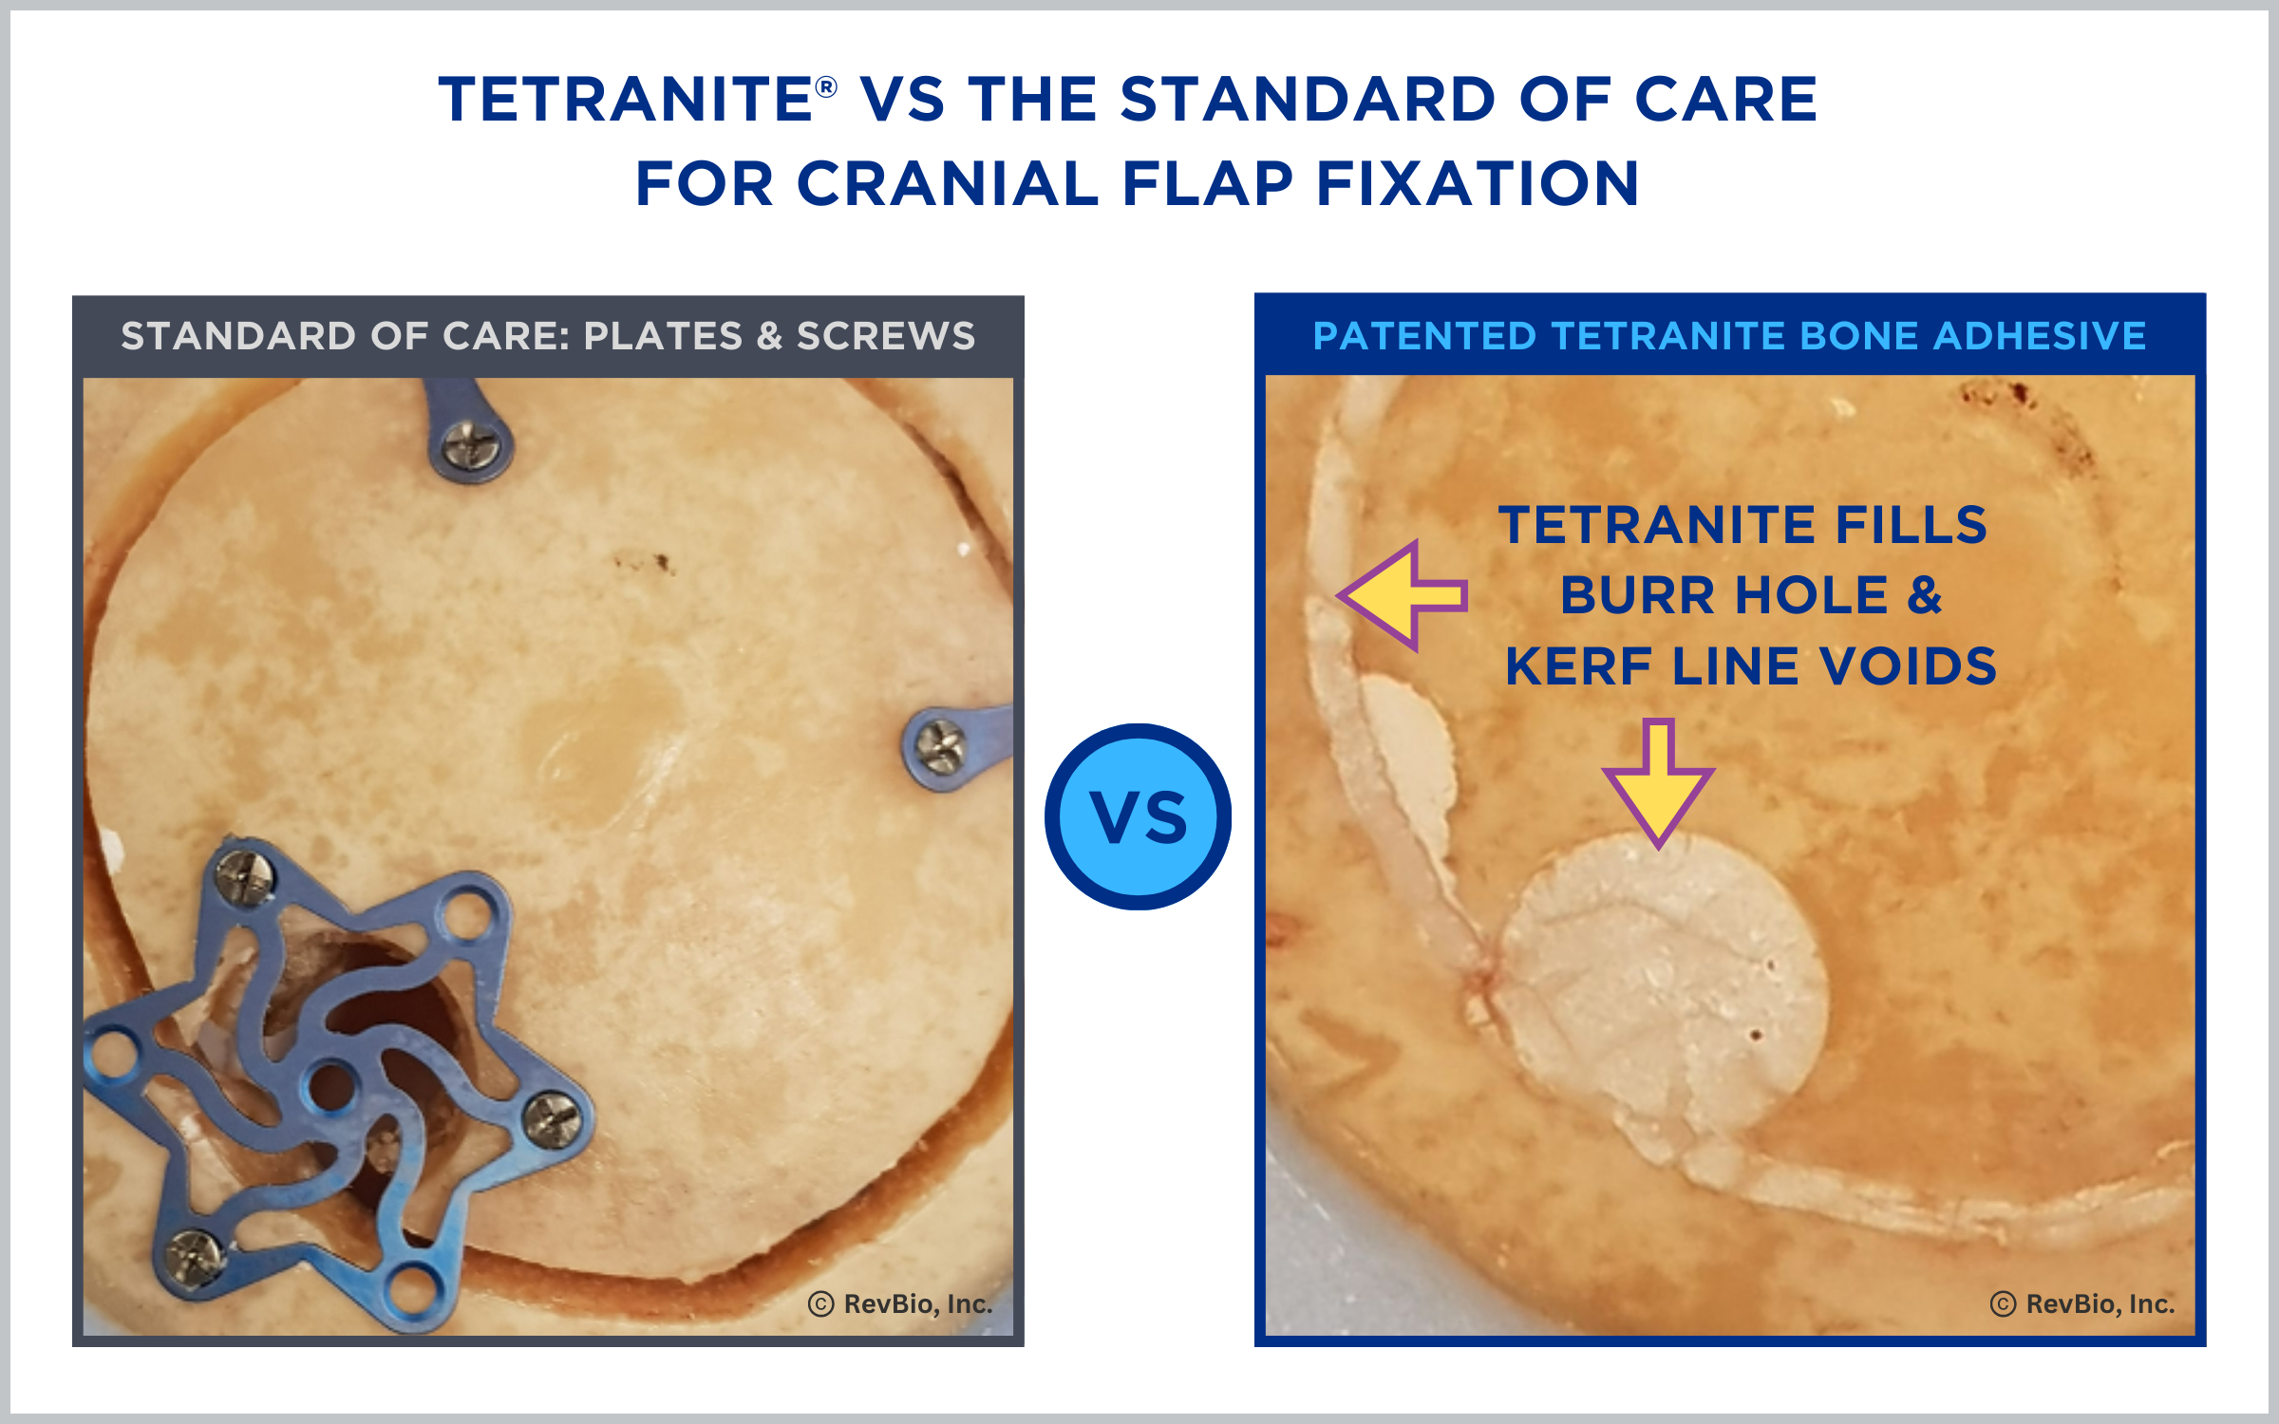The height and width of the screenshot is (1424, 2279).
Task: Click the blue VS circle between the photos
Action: coord(1138,816)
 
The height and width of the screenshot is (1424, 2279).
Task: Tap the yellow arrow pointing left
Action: coord(1402,596)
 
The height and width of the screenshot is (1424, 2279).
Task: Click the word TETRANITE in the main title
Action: coord(625,100)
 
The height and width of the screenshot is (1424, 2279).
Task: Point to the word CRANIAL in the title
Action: coord(947,183)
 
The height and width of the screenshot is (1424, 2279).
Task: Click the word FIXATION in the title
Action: coord(1478,183)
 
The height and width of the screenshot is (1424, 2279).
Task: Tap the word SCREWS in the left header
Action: coord(886,336)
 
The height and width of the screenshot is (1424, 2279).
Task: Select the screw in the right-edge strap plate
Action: coord(939,747)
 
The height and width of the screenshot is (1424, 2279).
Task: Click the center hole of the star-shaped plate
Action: coord(331,1087)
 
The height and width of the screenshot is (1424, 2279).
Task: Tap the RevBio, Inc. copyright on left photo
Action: coord(900,1303)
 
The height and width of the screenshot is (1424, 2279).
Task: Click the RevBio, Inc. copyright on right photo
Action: coord(2082,1303)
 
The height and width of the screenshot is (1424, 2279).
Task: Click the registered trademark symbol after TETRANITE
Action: coord(826,87)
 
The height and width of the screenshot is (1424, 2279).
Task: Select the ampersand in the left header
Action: coord(769,336)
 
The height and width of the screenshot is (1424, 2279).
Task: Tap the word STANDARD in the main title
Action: coord(1308,100)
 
